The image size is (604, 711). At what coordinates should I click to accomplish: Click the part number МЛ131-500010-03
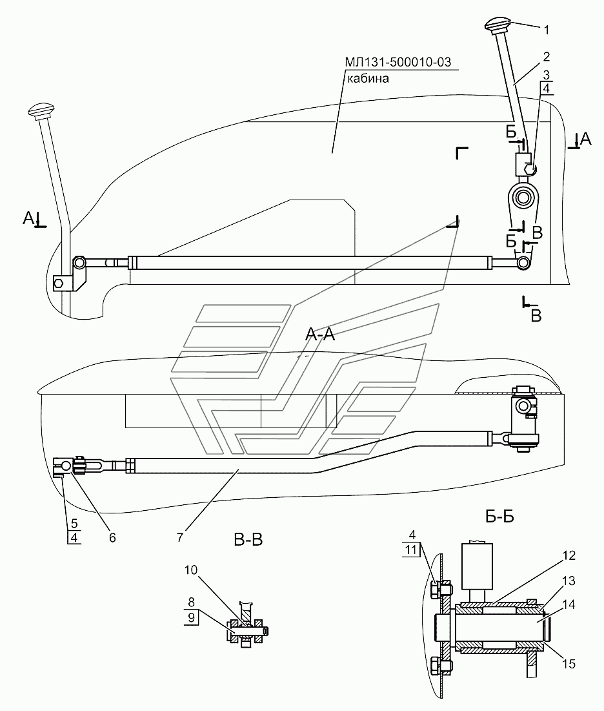(x=398, y=62)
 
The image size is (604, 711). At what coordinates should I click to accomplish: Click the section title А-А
(x=320, y=334)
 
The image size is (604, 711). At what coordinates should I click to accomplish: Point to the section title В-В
(x=248, y=539)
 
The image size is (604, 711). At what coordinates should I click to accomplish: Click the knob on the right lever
(x=497, y=28)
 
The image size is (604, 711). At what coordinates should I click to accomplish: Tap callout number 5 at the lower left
(x=74, y=524)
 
